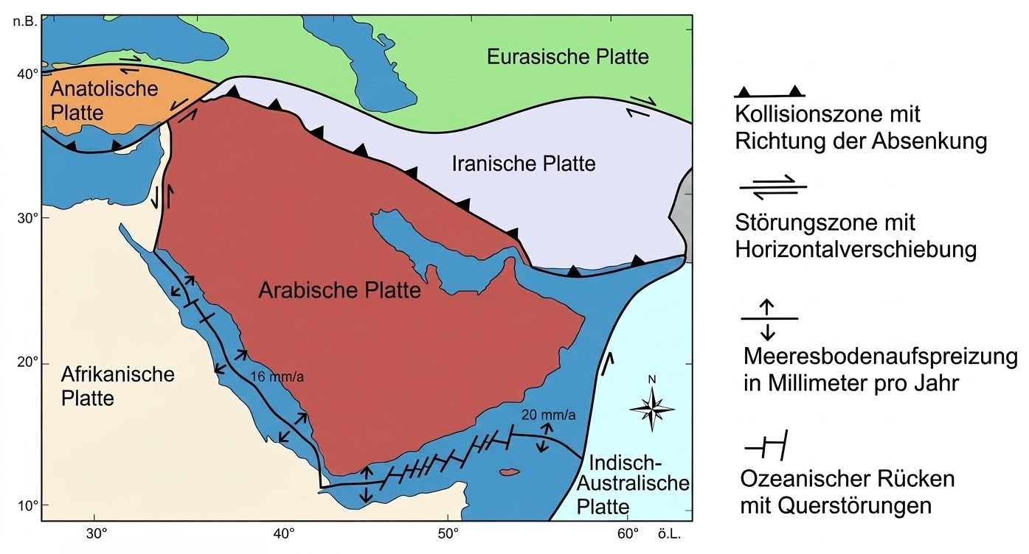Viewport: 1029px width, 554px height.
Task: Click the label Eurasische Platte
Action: click(567, 57)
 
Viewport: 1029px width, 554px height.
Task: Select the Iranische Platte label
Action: click(523, 163)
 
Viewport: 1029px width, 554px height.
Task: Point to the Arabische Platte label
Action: click(339, 290)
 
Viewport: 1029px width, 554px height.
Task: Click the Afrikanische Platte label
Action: click(108, 385)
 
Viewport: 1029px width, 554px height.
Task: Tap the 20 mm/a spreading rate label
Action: click(547, 414)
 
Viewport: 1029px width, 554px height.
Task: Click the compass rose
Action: click(652, 407)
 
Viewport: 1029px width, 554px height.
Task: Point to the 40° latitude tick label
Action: click(28, 74)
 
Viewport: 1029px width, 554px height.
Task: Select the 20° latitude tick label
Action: click(28, 362)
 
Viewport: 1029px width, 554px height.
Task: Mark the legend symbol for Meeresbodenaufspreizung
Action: click(768, 318)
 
